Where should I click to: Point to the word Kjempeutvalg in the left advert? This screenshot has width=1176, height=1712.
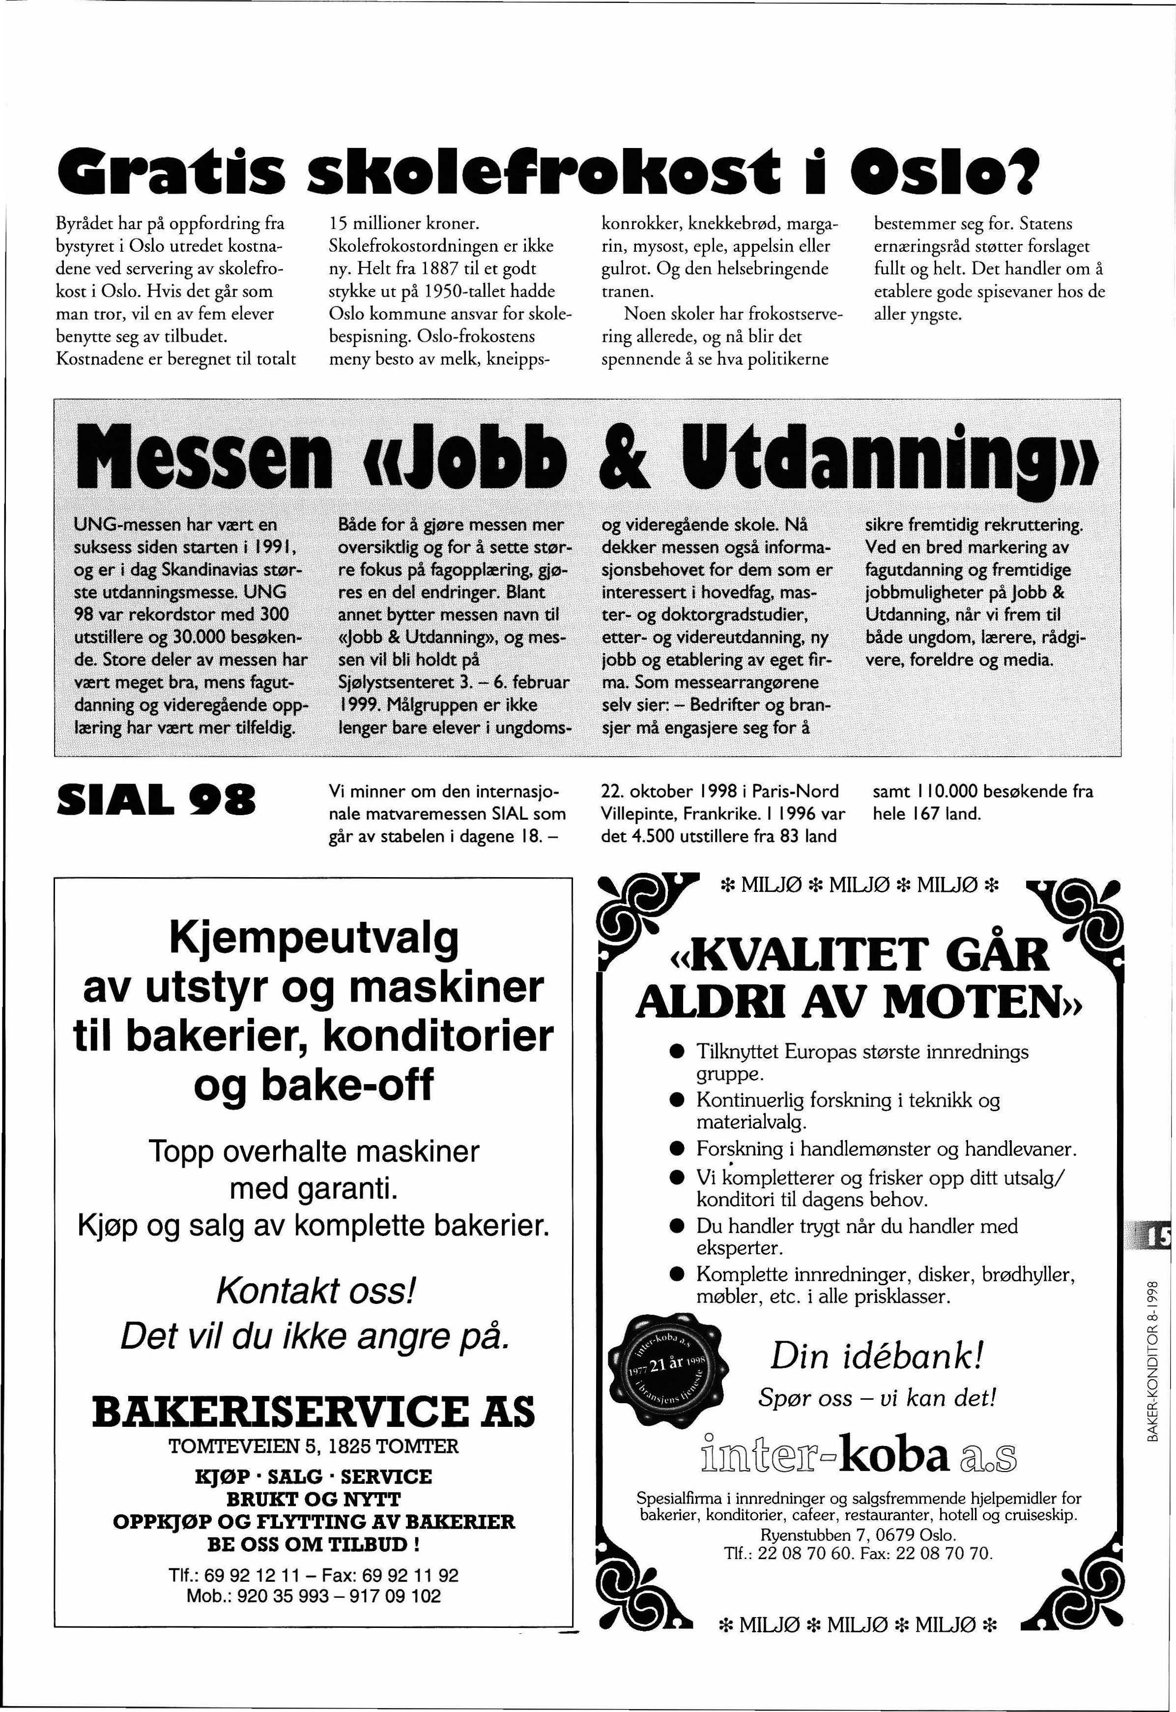[314, 938]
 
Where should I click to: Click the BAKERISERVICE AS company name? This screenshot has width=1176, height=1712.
[314, 1411]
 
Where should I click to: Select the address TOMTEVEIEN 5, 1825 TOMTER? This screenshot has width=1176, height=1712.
[314, 1446]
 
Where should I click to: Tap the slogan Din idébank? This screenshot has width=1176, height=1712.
[877, 1356]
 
